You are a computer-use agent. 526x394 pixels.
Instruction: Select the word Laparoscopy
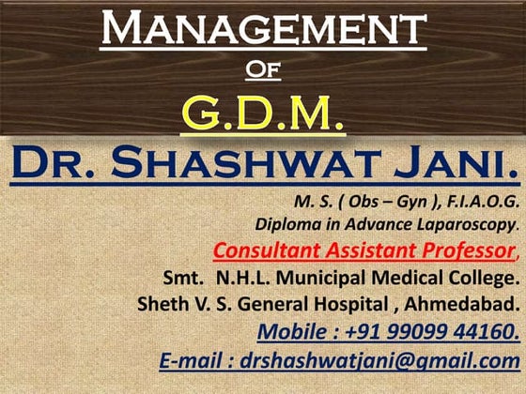464,225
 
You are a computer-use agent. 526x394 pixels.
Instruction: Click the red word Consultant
267,251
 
